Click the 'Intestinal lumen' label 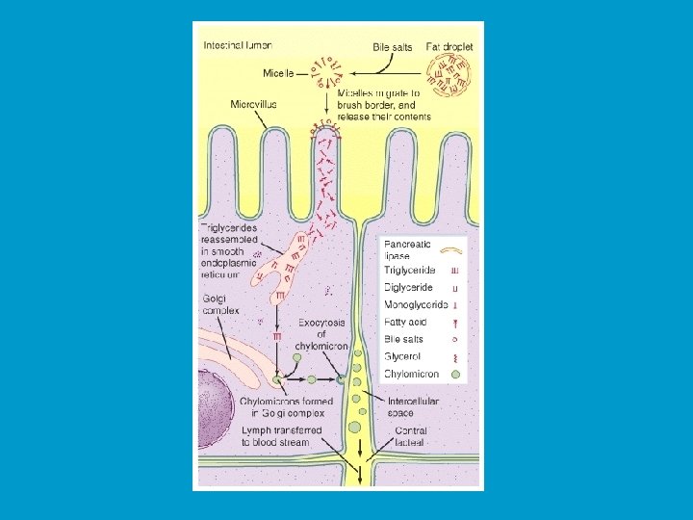pos(238,44)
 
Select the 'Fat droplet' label pos(450,45)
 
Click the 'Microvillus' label pos(255,103)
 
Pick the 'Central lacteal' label pos(410,436)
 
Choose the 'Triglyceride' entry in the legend pos(410,272)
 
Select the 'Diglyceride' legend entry pos(408,288)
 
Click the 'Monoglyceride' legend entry pos(415,305)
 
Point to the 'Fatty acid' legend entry pos(404,323)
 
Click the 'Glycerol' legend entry pos(401,356)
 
